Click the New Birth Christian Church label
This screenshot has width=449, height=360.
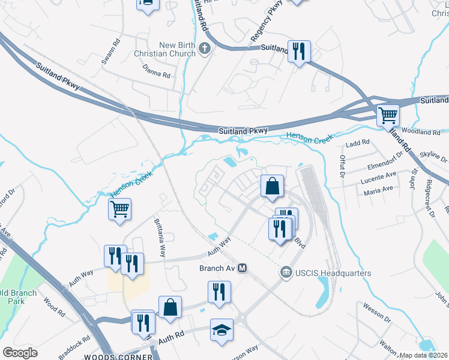pos(178,50)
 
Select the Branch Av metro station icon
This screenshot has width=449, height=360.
pos(243,268)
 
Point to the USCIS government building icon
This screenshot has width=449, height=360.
pos(285,273)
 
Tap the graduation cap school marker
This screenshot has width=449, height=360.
pos(221,331)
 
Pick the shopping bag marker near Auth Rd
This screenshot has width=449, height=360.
pos(170,307)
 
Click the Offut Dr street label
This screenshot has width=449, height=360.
pos(342,166)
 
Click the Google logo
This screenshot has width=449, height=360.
pos(20,352)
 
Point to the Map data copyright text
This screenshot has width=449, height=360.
pos(424,355)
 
